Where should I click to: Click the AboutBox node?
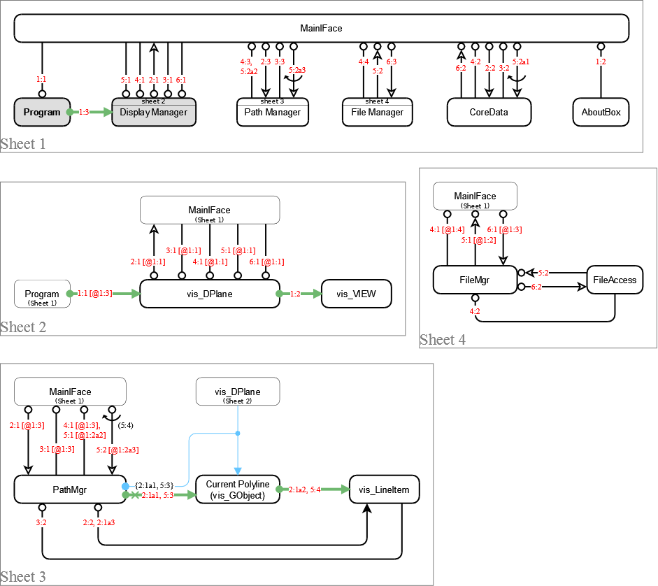click(601, 112)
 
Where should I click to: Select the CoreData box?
click(489, 112)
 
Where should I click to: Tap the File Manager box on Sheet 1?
click(377, 113)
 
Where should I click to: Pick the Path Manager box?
click(272, 113)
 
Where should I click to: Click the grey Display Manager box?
click(153, 112)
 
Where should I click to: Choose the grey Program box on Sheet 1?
click(42, 112)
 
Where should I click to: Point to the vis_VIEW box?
click(356, 294)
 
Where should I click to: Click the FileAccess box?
click(615, 280)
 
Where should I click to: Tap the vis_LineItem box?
click(384, 489)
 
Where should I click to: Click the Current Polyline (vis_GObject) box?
click(237, 489)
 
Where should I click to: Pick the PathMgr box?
click(69, 489)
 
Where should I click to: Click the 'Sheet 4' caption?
click(443, 340)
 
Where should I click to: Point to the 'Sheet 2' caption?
click(23, 327)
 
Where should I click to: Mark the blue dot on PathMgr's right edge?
click(125, 486)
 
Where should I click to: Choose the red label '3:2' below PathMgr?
click(42, 522)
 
